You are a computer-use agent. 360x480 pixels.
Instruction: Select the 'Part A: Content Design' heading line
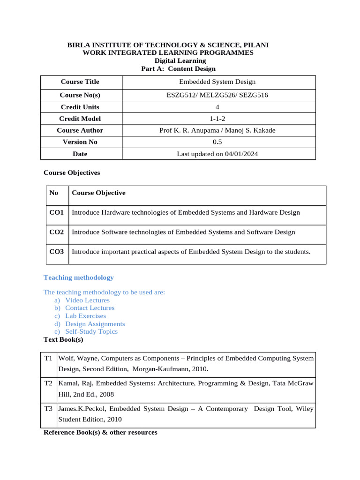point(178,69)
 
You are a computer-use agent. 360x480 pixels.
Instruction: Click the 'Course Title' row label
point(80,82)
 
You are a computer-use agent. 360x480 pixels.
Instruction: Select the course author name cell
point(217,131)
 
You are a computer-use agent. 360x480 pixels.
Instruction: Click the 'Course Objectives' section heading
point(72,173)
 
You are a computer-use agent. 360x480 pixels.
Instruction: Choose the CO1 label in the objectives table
point(57,213)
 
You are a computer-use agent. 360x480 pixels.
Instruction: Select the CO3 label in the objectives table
point(57,252)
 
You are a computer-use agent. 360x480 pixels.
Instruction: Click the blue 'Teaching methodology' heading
point(79,277)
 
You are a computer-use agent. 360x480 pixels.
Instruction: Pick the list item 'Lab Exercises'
point(86,316)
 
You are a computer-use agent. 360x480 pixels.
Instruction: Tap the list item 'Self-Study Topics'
point(91,332)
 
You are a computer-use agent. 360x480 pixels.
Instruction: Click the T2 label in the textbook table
point(49,383)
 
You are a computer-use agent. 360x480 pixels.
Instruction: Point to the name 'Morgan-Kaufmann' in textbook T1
point(155,369)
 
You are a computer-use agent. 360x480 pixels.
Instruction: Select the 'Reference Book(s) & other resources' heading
point(100,433)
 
